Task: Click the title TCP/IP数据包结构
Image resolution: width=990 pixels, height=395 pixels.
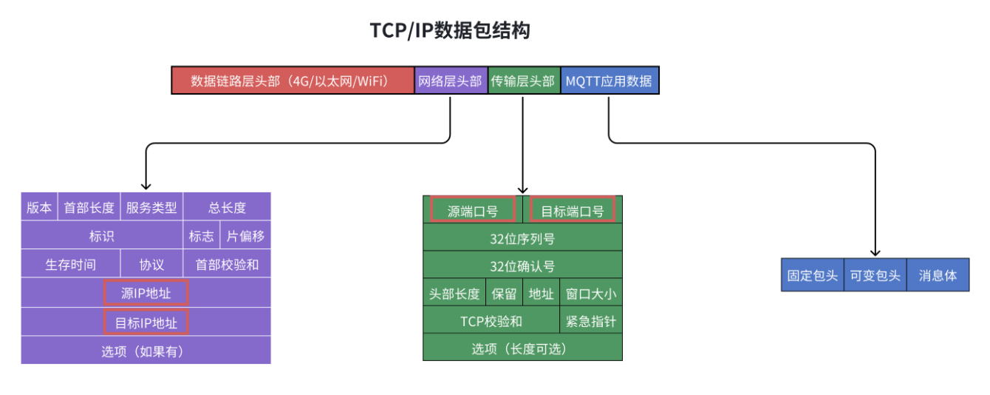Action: pos(449,31)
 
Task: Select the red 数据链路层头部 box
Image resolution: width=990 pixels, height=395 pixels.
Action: pos(293,81)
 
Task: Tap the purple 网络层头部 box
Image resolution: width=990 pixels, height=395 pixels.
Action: pos(451,81)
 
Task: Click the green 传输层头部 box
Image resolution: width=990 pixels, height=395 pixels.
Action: pos(523,81)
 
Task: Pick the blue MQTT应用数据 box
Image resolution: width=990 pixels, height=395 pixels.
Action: pos(609,81)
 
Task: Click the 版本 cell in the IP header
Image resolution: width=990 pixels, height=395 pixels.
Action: pos(39,207)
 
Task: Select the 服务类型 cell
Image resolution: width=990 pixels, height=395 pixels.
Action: pos(151,207)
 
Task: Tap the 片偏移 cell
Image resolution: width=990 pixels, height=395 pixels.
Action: pos(245,236)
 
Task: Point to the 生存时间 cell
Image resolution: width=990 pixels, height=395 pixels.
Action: pos(70,264)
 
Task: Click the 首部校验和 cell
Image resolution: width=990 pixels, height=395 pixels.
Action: pos(227,264)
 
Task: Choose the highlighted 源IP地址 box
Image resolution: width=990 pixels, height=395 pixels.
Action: pos(146,293)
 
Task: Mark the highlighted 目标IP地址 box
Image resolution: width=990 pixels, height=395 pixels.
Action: pos(146,323)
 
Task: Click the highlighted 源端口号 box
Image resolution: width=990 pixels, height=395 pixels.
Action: pos(473,211)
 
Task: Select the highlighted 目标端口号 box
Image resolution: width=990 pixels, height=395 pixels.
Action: pos(573,211)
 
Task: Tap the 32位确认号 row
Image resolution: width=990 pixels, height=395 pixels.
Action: pos(522,266)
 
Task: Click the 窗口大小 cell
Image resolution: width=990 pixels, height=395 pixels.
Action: pos(591,294)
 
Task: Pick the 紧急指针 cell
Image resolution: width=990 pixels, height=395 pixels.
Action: pos(591,321)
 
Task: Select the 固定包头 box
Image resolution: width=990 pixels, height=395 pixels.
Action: pos(813,275)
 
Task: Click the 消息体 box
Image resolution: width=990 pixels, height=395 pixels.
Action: pos(938,275)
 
